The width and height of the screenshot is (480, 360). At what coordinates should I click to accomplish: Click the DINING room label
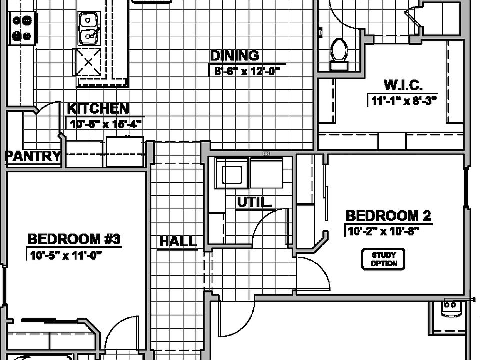pos(234,55)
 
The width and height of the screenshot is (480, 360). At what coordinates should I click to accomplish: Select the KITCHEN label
pos(98,108)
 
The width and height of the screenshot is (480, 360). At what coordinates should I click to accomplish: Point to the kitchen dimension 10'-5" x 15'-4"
pos(105,124)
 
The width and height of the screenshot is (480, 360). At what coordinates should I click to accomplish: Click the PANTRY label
pos(33,156)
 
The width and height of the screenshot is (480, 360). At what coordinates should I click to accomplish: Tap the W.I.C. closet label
pos(403,85)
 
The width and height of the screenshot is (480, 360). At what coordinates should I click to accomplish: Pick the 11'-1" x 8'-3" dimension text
pos(404,101)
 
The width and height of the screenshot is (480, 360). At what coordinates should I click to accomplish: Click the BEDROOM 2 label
pos(388,216)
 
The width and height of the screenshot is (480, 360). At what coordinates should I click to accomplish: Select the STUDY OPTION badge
pos(384,259)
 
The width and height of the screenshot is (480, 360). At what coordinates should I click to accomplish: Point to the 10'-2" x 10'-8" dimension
pos(381,231)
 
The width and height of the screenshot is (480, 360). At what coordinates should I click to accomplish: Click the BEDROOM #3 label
pos(74,239)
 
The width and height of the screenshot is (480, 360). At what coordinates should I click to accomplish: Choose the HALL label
pos(178,242)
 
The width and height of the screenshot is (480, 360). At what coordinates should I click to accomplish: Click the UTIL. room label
pos(254,202)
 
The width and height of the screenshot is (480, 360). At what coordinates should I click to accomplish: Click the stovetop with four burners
pos(21,28)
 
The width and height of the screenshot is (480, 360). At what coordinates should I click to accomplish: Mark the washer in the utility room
pos(231,174)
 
